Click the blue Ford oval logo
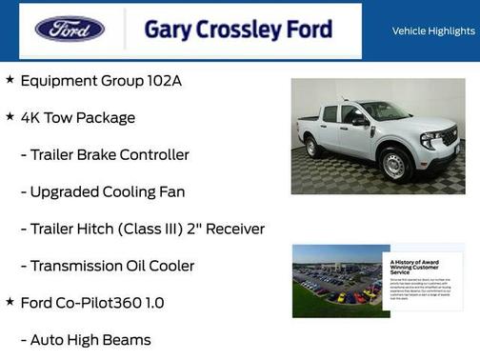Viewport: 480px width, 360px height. [70, 29]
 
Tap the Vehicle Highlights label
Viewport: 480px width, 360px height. [433, 30]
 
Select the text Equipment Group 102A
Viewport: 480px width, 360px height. [101, 81]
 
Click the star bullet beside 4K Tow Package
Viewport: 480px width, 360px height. [10, 116]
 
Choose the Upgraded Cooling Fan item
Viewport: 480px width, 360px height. [103, 191]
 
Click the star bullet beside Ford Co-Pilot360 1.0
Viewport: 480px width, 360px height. [10, 301]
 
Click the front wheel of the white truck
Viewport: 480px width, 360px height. [394, 165]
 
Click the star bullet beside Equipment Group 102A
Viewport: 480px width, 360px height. [10, 79]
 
